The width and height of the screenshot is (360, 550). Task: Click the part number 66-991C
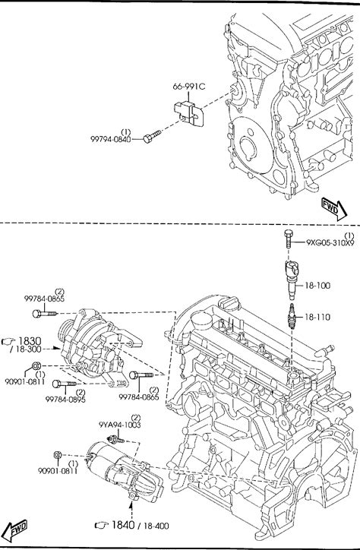point(188,87)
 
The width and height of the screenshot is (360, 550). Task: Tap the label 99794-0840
point(111,139)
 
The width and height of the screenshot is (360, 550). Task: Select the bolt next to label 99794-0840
point(152,137)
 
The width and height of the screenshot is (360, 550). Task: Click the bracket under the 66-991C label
point(189,113)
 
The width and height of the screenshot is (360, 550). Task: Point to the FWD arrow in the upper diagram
point(335,210)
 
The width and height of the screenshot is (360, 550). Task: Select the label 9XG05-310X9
point(330,242)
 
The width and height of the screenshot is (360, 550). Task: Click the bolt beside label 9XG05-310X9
point(288,239)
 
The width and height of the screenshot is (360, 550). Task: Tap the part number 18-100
point(317,286)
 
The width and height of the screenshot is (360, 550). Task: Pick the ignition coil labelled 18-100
point(292,280)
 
